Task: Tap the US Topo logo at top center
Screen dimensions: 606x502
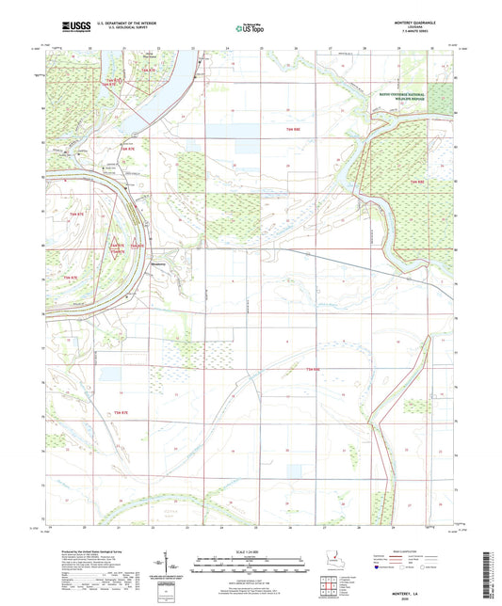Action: [x=248, y=28]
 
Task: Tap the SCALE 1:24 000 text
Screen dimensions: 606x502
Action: [x=251, y=550]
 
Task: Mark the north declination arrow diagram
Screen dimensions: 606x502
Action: [x=173, y=567]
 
